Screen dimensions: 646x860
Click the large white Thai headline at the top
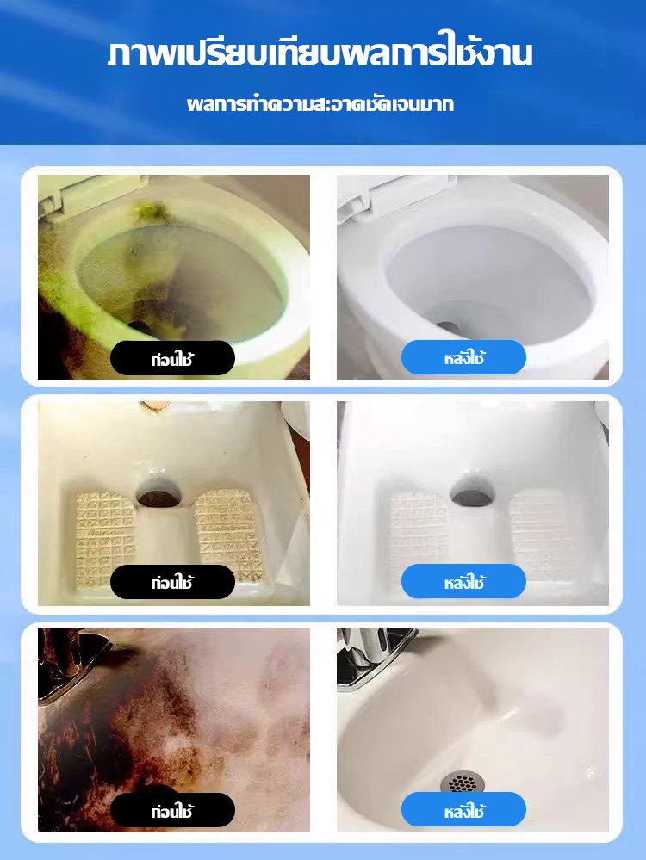[x=320, y=53]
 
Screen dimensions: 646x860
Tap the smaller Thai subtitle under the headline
[x=320, y=103]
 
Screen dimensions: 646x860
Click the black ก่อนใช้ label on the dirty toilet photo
[x=172, y=358]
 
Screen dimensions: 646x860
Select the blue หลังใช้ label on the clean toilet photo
[x=463, y=357]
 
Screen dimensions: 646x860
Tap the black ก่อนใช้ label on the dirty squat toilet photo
[x=172, y=582]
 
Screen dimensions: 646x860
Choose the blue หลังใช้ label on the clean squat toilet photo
[x=463, y=581]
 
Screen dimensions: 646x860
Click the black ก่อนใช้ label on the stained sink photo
[x=172, y=810]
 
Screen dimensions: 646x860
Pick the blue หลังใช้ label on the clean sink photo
[x=463, y=809]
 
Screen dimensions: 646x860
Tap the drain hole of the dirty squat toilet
[x=158, y=497]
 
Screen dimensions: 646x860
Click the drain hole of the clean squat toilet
[x=471, y=492]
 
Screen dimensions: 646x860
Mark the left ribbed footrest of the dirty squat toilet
[x=104, y=537]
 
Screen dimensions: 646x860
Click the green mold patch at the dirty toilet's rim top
[x=151, y=213]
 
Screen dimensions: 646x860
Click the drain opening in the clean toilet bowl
[x=447, y=327]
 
